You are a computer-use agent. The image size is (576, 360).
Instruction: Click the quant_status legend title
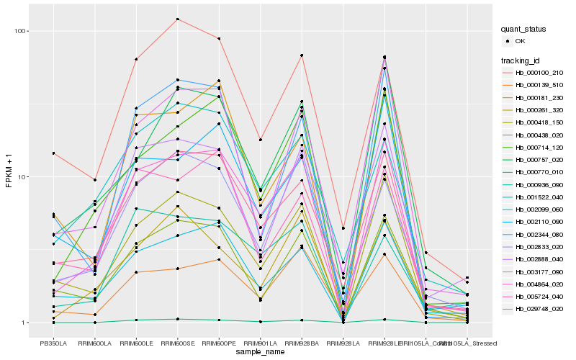click(524, 29)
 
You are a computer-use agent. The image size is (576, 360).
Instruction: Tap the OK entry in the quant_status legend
click(521, 41)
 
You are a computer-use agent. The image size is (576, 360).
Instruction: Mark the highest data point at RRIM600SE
click(177, 19)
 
